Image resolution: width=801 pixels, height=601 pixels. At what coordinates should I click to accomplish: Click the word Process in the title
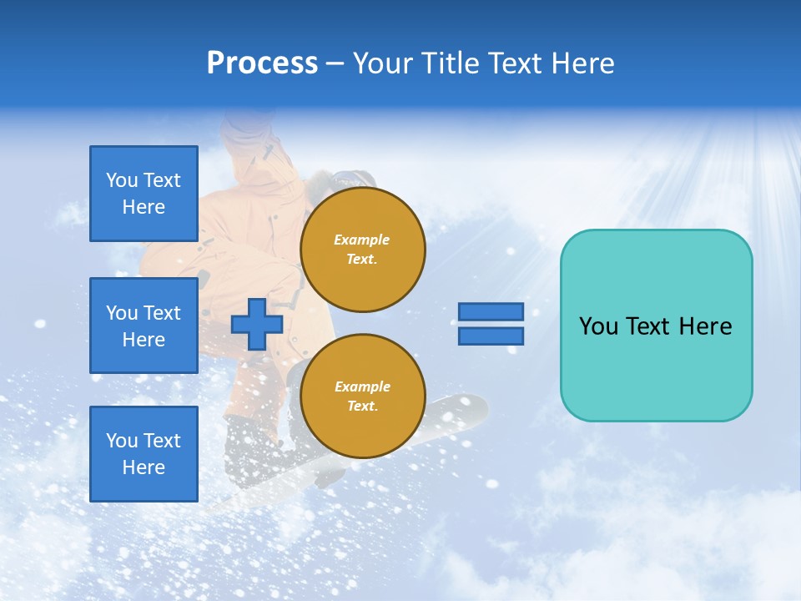(x=262, y=63)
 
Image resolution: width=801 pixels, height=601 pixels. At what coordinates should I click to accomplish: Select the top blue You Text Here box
(x=144, y=194)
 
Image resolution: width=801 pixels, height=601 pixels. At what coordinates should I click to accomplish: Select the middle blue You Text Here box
(x=144, y=326)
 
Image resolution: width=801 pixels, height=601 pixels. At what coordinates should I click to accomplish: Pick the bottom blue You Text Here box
(x=144, y=454)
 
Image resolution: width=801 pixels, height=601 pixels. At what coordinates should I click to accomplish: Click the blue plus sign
(x=257, y=324)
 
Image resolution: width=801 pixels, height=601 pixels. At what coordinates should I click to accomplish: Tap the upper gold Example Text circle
(x=363, y=250)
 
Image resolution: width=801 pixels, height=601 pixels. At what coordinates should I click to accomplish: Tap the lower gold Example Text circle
(x=363, y=396)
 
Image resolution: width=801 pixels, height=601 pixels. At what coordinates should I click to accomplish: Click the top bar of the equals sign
(x=491, y=311)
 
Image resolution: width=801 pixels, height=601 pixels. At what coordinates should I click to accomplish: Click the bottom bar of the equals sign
(x=491, y=336)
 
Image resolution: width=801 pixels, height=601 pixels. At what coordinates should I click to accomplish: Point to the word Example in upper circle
(x=362, y=240)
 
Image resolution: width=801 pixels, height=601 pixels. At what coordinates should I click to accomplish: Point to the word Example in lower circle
(x=362, y=386)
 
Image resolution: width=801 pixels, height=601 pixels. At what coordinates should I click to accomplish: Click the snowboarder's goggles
(x=354, y=178)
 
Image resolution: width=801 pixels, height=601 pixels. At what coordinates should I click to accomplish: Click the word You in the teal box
(x=597, y=326)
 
